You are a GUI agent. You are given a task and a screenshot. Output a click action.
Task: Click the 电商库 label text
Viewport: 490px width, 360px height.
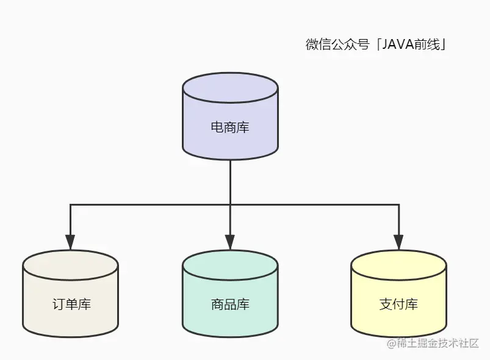tap(230, 128)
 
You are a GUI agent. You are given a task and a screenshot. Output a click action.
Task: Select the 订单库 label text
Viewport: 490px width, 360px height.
tap(71, 304)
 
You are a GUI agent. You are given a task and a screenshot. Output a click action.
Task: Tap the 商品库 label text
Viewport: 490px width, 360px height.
tap(230, 304)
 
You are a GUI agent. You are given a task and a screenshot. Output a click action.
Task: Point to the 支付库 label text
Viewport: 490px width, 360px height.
tap(398, 304)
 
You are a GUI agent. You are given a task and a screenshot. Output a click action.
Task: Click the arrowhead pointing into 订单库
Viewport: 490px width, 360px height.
tap(70, 243)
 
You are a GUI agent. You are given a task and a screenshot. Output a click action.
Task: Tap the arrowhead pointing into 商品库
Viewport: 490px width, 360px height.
tap(230, 243)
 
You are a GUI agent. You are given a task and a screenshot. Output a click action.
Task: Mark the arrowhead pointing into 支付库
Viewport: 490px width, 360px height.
tap(398, 243)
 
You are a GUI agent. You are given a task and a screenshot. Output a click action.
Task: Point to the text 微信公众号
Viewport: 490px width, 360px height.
tap(337, 45)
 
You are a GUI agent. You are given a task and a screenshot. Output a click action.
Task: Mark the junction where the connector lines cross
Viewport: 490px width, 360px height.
tap(230, 204)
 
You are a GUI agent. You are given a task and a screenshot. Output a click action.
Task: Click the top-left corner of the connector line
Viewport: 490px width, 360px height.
tap(70, 204)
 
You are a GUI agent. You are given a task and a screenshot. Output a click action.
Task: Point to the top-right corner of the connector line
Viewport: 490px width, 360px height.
tap(398, 204)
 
